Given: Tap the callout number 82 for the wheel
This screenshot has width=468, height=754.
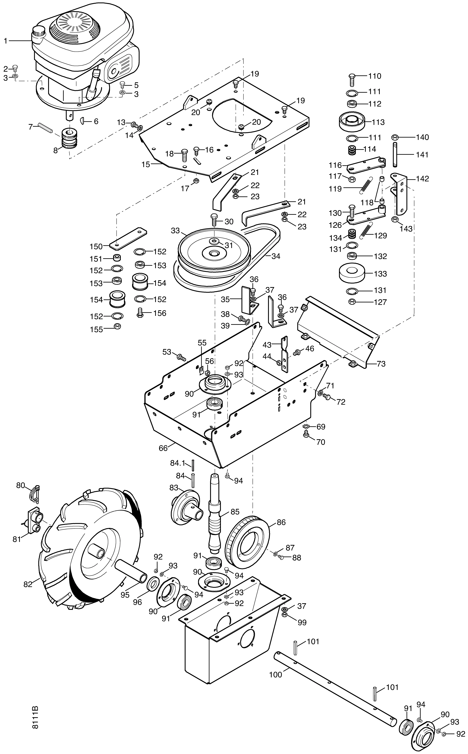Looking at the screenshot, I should tap(28, 585).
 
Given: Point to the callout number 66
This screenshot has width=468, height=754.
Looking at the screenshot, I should tap(163, 448).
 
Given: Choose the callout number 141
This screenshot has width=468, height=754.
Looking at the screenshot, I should tap(422, 155).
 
